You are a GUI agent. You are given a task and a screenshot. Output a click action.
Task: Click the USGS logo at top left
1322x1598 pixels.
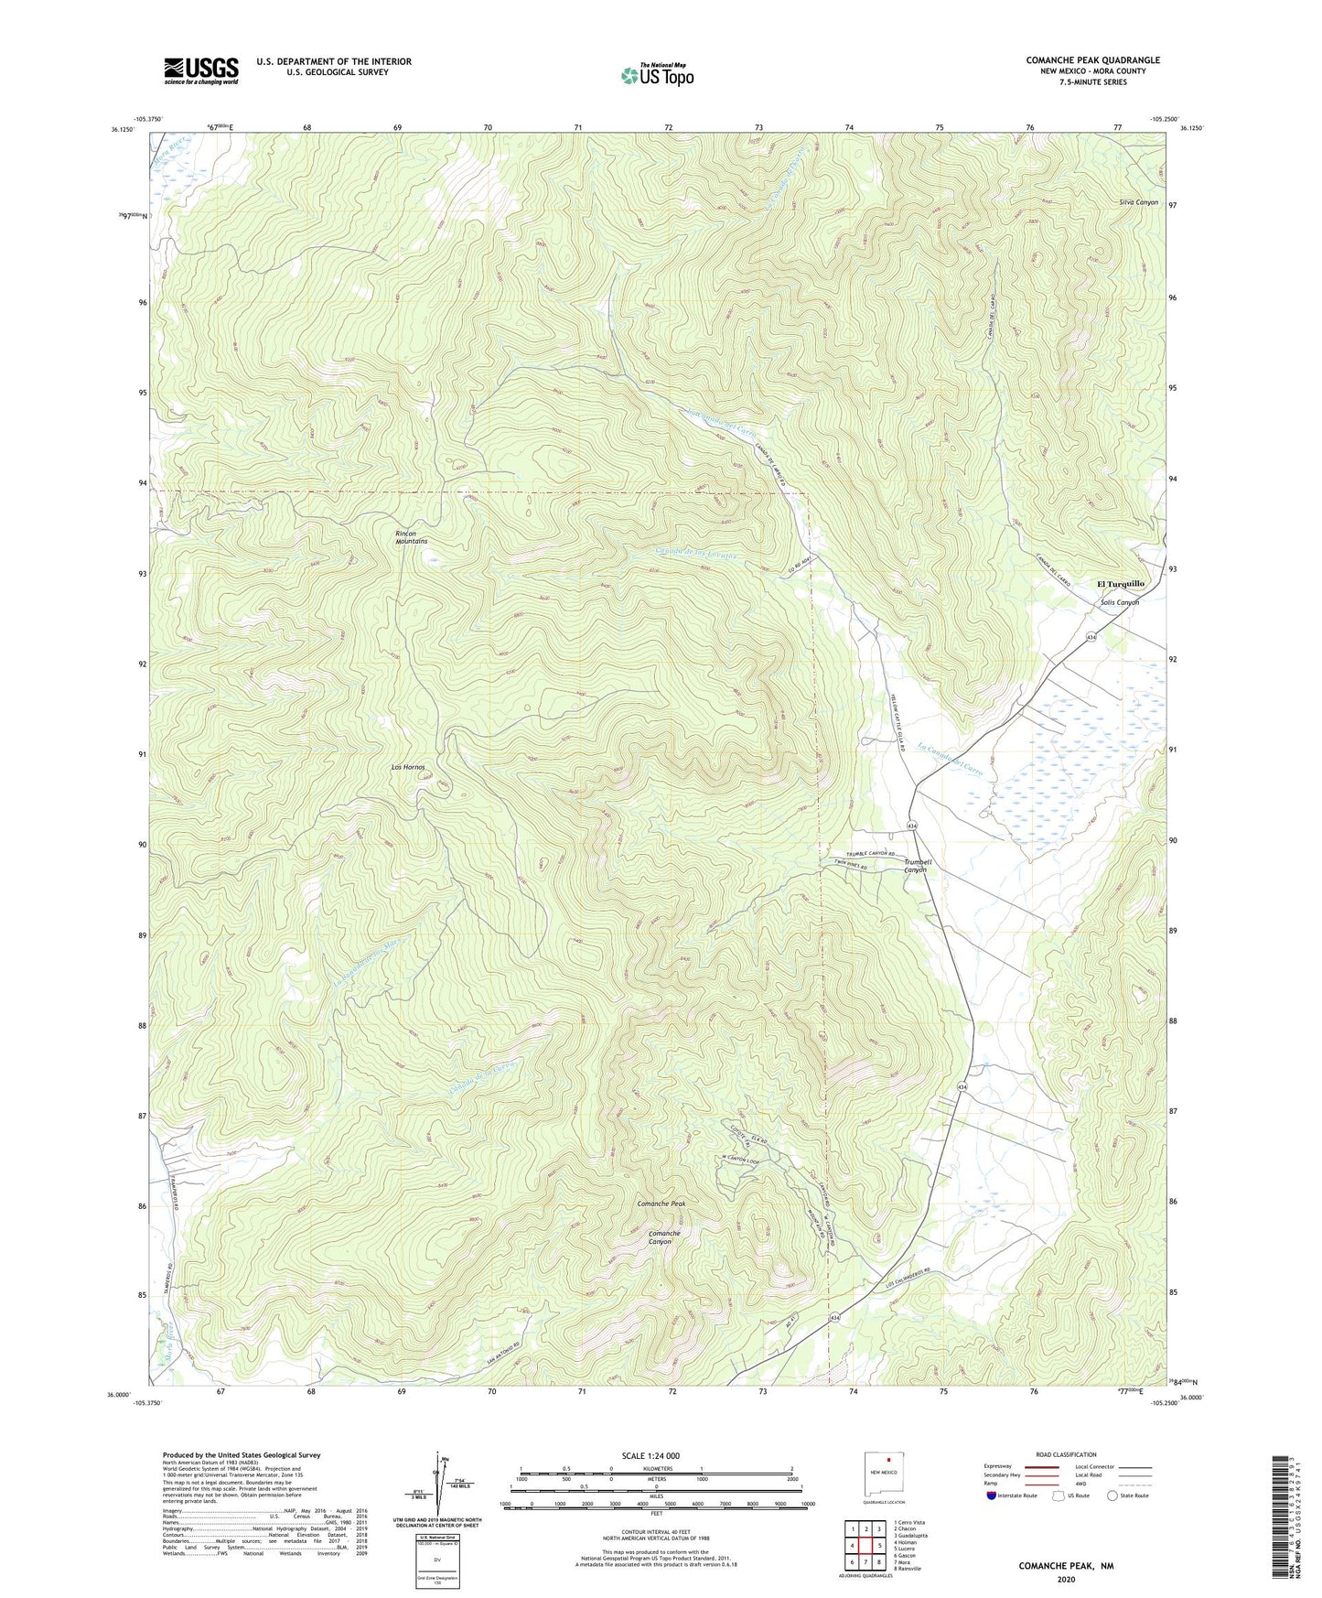201,70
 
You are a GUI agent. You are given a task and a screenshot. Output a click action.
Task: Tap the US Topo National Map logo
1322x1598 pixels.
656,75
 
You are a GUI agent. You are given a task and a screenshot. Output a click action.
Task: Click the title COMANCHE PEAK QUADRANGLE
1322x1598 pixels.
1092,60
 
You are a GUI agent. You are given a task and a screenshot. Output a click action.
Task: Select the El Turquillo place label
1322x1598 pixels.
1120,583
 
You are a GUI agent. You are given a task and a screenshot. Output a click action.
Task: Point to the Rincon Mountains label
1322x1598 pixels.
411,537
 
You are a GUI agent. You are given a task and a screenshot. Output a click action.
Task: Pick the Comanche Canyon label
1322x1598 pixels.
664,1237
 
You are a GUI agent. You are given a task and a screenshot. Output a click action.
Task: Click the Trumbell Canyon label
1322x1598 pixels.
917,866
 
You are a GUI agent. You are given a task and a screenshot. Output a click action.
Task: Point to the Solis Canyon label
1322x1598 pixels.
1120,602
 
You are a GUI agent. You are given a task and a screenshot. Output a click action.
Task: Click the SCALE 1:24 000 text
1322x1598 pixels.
656,1455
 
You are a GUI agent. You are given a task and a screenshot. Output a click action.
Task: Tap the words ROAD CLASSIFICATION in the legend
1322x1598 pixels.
1066,1454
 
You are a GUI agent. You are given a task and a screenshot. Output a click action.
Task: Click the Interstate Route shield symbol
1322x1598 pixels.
991,1495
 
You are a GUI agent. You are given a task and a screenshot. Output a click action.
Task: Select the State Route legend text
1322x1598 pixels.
1134,1495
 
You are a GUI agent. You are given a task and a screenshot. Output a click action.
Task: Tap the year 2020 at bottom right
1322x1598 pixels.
1066,1579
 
